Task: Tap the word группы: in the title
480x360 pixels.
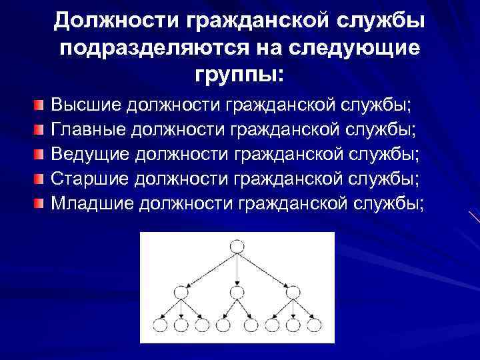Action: pos(239,73)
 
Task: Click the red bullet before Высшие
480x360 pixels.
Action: pos(40,105)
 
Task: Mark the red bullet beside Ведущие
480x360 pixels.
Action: pos(40,154)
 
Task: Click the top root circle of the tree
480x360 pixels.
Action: pos(237,247)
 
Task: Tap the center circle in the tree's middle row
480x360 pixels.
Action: pos(237,291)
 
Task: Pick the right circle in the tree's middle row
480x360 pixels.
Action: pos(292,291)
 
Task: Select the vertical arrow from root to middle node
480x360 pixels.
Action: pos(237,269)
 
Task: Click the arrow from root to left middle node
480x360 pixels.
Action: pos(208,269)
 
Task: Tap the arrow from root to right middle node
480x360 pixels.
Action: pos(265,269)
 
